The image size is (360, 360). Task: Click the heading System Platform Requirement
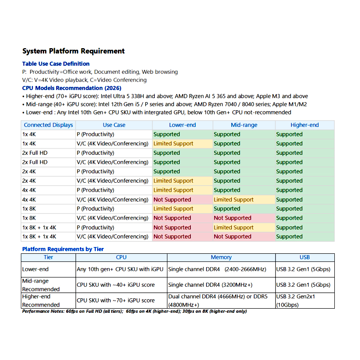(x=73, y=51)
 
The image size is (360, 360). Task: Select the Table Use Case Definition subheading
(x=56, y=64)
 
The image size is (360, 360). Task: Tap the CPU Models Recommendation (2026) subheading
(x=72, y=88)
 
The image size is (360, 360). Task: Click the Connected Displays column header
(x=48, y=125)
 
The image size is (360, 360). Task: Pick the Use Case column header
(x=114, y=125)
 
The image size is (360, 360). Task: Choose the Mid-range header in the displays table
(x=243, y=125)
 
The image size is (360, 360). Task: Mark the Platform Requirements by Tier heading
(x=63, y=249)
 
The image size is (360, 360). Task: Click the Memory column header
(x=221, y=257)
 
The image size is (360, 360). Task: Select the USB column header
(x=305, y=257)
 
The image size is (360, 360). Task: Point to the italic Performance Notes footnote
(x=134, y=311)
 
